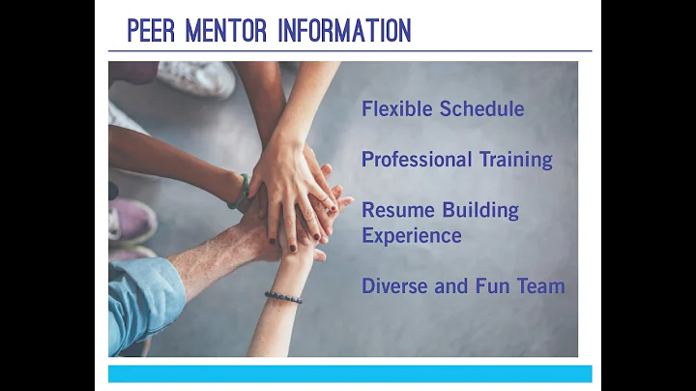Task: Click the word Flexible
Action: coord(397,108)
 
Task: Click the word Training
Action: coord(518,160)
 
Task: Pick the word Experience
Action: coord(412,235)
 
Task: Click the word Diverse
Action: coord(395,286)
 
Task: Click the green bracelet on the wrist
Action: coord(239,192)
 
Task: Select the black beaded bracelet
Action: coord(283,297)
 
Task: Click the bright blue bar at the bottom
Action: coord(349,374)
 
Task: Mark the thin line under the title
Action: coord(349,50)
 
